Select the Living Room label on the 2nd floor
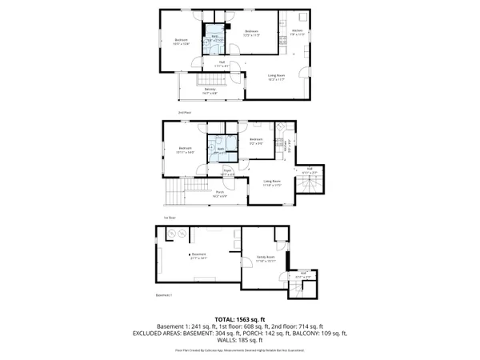tap(278, 78)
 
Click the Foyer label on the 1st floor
tap(227, 171)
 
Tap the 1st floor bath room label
tap(220, 150)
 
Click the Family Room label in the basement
tap(266, 258)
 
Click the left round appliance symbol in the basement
tap(170, 233)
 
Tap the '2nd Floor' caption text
tap(184, 114)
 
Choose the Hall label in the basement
tap(303, 274)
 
